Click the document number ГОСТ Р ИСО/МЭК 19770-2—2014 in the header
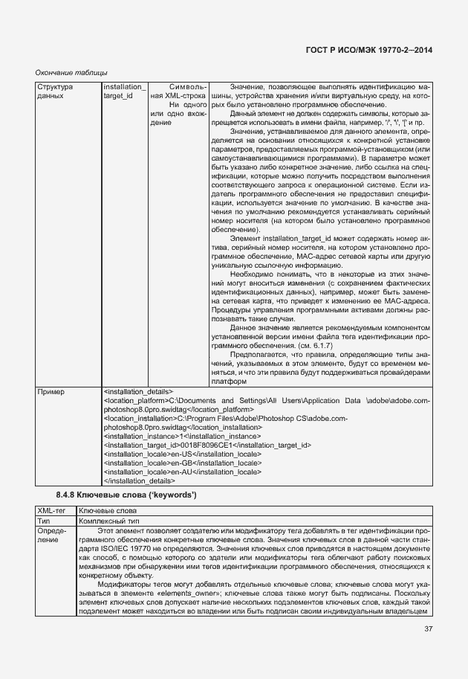pos(368,49)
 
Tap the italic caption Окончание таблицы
pos(72,73)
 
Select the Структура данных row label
pos(55,91)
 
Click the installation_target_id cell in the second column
pos(125,91)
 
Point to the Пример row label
pos(51,391)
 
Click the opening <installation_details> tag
pos(138,391)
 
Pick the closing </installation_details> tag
pos(140,480)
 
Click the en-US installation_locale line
pos(183,454)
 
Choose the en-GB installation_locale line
pos(183,463)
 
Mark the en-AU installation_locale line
pos(183,472)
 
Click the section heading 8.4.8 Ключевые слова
pos(126,495)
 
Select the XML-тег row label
pos(53,512)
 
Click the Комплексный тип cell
pos(109,521)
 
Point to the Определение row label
pos(52,535)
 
